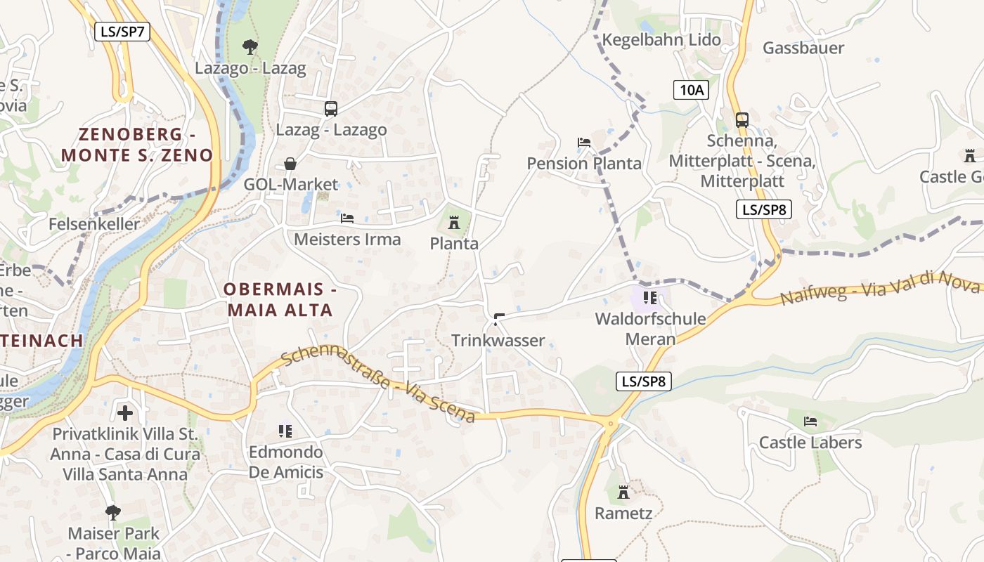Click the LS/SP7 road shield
point(122,31)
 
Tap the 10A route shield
point(691,89)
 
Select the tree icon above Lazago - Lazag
point(250,47)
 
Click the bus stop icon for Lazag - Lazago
point(331,108)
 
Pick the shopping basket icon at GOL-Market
point(290,164)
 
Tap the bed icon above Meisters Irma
point(347,218)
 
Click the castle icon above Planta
point(454,223)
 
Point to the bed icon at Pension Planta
point(584,142)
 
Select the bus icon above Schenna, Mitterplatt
point(742,119)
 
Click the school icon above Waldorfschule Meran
point(649,298)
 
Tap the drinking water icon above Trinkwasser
point(498,320)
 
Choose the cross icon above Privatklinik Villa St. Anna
point(125,412)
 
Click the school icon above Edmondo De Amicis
point(285,430)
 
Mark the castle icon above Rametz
point(623,492)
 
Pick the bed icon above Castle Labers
point(810,421)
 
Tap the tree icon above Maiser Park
point(113,512)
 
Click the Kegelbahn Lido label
point(661,39)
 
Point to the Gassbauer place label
point(803,48)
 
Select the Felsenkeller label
point(95,224)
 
